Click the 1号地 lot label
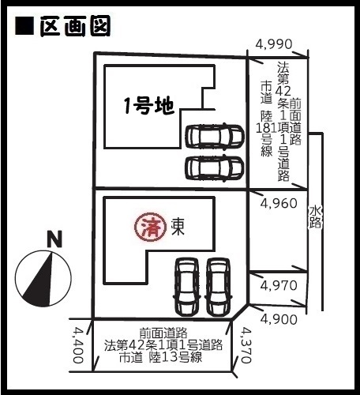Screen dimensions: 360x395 click(x=149, y=106)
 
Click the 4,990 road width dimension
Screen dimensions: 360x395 click(x=274, y=44)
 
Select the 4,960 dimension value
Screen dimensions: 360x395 click(x=279, y=203)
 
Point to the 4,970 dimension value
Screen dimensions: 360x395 click(x=279, y=285)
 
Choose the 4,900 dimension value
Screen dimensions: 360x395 click(x=279, y=319)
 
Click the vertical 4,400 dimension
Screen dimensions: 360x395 click(x=78, y=345)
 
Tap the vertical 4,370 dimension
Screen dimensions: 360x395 click(x=246, y=345)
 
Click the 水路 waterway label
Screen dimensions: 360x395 click(x=315, y=216)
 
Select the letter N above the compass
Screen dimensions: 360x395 click(x=54, y=239)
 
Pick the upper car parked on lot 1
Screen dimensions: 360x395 click(x=215, y=136)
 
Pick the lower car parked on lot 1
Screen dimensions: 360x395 click(x=215, y=168)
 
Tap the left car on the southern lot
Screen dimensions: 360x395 click(x=187, y=287)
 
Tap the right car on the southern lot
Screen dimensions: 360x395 click(x=217, y=287)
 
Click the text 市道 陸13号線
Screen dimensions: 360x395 click(x=161, y=357)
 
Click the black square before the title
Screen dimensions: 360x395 click(x=24, y=26)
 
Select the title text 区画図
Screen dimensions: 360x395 click(x=75, y=26)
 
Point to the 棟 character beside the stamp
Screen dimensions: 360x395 click(x=178, y=228)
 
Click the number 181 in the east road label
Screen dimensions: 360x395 click(x=266, y=128)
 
